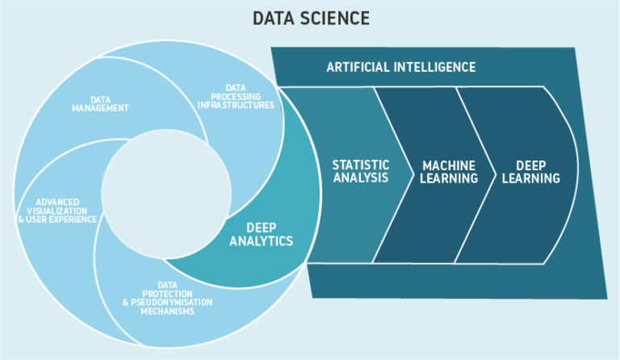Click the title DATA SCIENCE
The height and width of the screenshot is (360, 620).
click(309, 18)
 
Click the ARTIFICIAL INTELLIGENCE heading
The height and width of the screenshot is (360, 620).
click(400, 66)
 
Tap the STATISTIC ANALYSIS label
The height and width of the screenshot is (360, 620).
click(360, 171)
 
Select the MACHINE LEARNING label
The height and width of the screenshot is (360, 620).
click(450, 171)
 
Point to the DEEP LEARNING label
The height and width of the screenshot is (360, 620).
click(530, 171)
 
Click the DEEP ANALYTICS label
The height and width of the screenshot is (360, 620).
click(261, 234)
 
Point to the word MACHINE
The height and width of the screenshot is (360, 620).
click(450, 165)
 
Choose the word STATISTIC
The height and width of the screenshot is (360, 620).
click(360, 165)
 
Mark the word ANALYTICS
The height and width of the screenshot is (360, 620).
click(261, 241)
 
